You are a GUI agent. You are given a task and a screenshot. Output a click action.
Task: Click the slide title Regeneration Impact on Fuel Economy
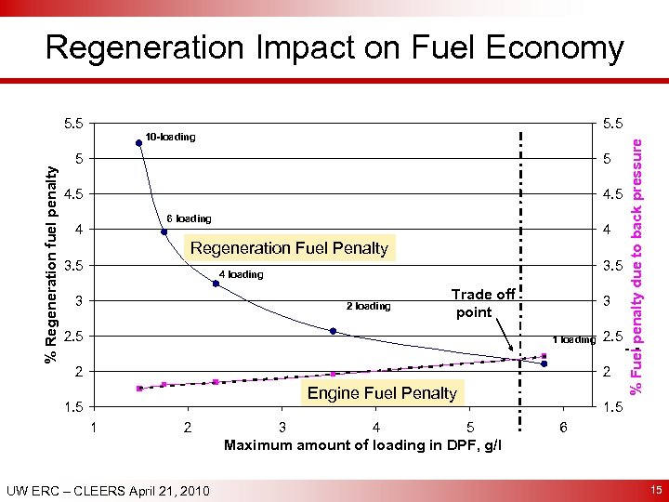tap(334, 48)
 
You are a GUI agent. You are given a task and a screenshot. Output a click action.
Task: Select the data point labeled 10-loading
tap(138, 142)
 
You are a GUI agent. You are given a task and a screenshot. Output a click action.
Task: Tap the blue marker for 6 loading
tap(164, 232)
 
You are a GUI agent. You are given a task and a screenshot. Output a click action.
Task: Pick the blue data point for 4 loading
tap(216, 284)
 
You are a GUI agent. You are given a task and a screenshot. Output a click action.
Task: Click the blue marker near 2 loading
tap(333, 331)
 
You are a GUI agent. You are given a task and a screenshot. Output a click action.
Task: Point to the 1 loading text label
tap(572, 339)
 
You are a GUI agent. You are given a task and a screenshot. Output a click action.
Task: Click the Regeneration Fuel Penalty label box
tap(289, 248)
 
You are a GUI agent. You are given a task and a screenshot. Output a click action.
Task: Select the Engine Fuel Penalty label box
tap(382, 393)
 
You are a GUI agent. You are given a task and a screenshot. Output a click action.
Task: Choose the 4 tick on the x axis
tap(375, 427)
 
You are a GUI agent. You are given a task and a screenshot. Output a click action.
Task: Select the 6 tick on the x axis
tap(562, 427)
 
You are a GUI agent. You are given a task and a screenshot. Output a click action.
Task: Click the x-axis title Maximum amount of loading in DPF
tap(363, 445)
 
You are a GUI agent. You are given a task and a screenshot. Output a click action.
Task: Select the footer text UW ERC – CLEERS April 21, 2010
tap(107, 490)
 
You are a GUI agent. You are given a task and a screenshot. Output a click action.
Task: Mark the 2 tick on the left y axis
tap(80, 372)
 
